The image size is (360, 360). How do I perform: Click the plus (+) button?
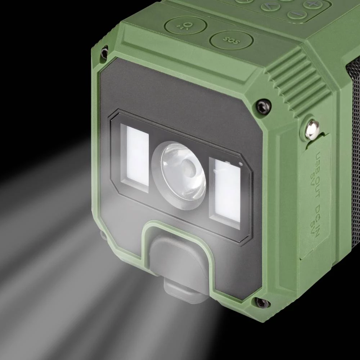[312, 4]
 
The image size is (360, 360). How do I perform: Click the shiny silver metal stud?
[311, 129]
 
